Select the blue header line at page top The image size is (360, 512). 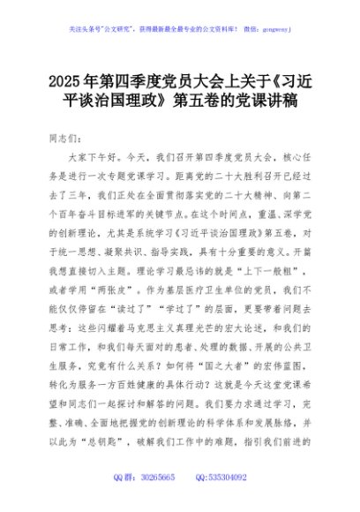click(179, 27)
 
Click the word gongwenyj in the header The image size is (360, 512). click(275, 27)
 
